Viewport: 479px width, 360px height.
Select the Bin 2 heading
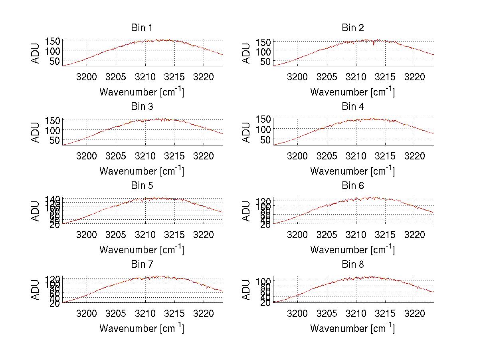(x=352, y=28)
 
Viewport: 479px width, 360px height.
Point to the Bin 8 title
(x=352, y=265)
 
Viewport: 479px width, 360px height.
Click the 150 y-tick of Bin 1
(x=53, y=41)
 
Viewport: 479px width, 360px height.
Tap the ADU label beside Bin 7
(x=36, y=290)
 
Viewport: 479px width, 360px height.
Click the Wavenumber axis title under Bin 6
(x=352, y=250)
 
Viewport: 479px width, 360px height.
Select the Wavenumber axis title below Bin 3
(x=141, y=171)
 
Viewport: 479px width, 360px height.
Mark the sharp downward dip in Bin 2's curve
(x=374, y=45)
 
